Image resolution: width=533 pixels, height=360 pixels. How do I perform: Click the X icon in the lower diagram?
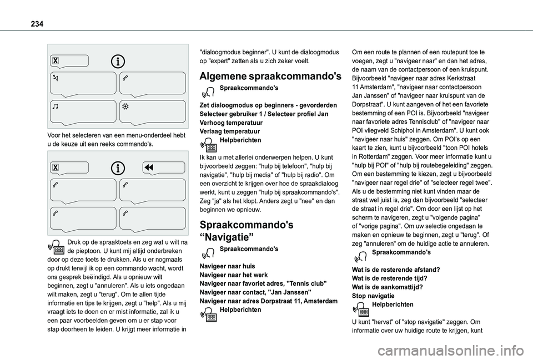56,168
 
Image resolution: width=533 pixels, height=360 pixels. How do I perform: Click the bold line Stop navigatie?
373,296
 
